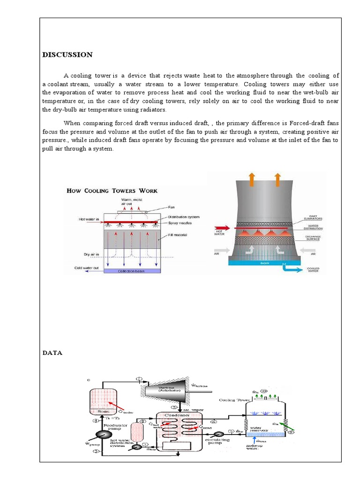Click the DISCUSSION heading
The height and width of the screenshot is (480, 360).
pyautogui.click(x=67, y=55)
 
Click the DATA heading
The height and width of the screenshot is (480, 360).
pyautogui.click(x=52, y=353)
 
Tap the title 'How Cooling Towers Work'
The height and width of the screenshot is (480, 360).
pyautogui.click(x=112, y=191)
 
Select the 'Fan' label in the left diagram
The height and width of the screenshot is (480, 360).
pyautogui.click(x=171, y=208)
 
